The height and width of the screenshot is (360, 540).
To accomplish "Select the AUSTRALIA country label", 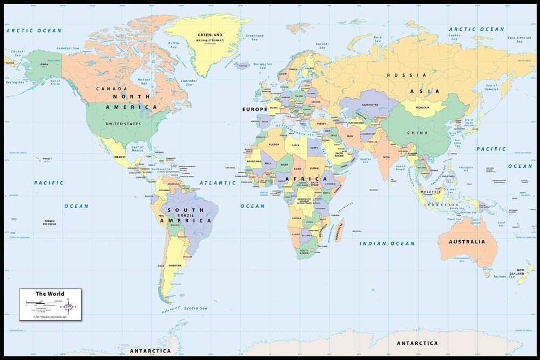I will tap(467, 241).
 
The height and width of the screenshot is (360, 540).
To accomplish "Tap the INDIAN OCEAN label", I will tap(388, 243).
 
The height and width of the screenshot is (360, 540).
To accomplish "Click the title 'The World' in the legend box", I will tap(50, 294).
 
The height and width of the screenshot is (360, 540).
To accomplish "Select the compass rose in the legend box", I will tap(69, 307).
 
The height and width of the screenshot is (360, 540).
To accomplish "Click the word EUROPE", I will tap(254, 109).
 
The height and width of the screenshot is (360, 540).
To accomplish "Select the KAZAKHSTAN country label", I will tap(370, 105).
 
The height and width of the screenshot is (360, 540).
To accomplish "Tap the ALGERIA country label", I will tap(274, 144).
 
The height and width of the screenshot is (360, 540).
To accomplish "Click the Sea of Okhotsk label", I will tap(491, 87).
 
